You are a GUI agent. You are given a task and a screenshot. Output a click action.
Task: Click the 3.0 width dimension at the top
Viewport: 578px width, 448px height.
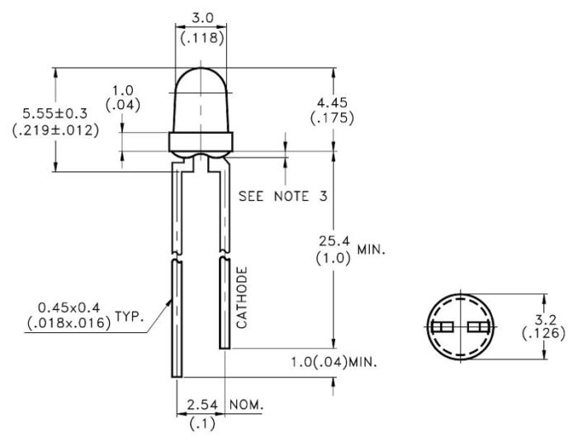(202, 17)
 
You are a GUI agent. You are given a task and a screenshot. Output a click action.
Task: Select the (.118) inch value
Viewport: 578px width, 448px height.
(202, 38)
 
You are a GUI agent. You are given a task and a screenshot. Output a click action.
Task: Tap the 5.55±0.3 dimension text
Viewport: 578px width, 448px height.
(55, 113)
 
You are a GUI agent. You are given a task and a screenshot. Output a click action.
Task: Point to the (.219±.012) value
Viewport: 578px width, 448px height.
(55, 130)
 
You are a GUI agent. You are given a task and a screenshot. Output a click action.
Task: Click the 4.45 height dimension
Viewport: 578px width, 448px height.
(332, 102)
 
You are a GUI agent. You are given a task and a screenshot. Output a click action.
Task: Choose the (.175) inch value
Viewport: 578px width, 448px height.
(332, 118)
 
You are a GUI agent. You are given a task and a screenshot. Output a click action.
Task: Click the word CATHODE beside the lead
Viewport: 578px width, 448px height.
(242, 298)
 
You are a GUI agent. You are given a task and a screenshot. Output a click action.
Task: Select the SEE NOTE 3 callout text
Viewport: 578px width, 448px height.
(282, 196)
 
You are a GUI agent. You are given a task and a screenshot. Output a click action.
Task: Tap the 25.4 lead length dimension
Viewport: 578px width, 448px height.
(334, 241)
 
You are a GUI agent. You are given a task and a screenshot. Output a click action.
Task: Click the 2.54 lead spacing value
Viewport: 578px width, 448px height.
(202, 405)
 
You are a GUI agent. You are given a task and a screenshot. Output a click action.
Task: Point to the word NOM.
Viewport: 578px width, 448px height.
(247, 405)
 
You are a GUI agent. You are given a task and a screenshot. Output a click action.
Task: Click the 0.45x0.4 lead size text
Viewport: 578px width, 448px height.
(69, 307)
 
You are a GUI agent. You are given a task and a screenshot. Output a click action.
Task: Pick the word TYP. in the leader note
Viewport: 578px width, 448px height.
(129, 317)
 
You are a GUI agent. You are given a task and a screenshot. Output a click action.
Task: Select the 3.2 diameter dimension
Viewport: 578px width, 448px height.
(545, 320)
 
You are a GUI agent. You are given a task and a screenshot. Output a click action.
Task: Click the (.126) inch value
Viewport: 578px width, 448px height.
(543, 333)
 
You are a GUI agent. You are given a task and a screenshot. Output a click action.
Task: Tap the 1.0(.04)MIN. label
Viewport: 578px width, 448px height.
(334, 362)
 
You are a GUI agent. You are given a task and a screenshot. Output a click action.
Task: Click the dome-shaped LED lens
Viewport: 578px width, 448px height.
(201, 100)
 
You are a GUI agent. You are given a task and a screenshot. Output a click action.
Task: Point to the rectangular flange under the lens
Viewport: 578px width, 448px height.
(201, 141)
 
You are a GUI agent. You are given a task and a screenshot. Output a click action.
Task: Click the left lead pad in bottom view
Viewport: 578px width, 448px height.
(443, 327)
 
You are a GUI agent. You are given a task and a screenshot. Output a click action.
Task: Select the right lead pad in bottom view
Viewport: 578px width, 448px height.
(478, 327)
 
